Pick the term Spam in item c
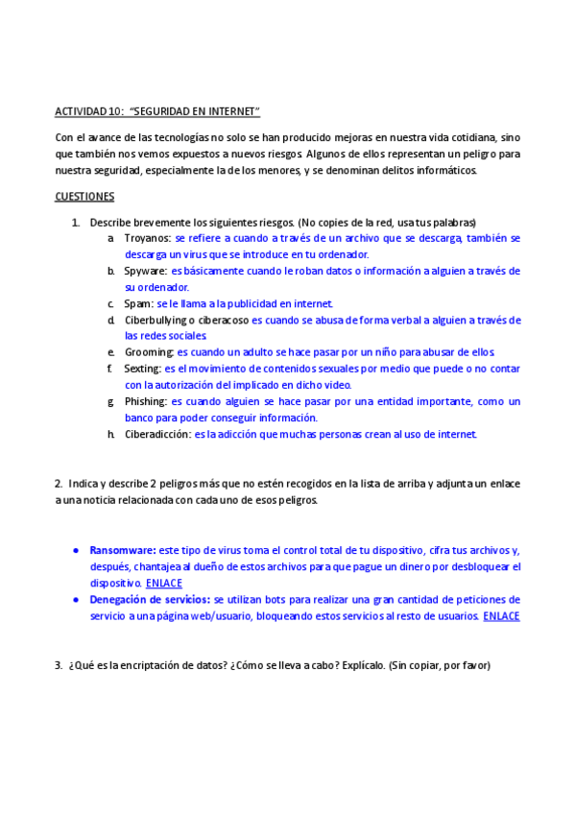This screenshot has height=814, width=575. (138, 303)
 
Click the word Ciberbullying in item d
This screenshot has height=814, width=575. (156, 320)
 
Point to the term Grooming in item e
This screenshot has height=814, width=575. (149, 352)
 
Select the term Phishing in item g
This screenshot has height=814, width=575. (146, 401)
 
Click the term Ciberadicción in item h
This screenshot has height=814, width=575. (157, 434)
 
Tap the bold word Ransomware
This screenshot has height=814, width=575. (122, 550)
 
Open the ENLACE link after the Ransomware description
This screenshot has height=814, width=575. (164, 583)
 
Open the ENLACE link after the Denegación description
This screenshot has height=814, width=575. (501, 615)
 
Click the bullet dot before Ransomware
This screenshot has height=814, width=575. (76, 550)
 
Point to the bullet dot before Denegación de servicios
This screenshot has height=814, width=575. (76, 599)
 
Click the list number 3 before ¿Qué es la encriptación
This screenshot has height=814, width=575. (59, 664)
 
